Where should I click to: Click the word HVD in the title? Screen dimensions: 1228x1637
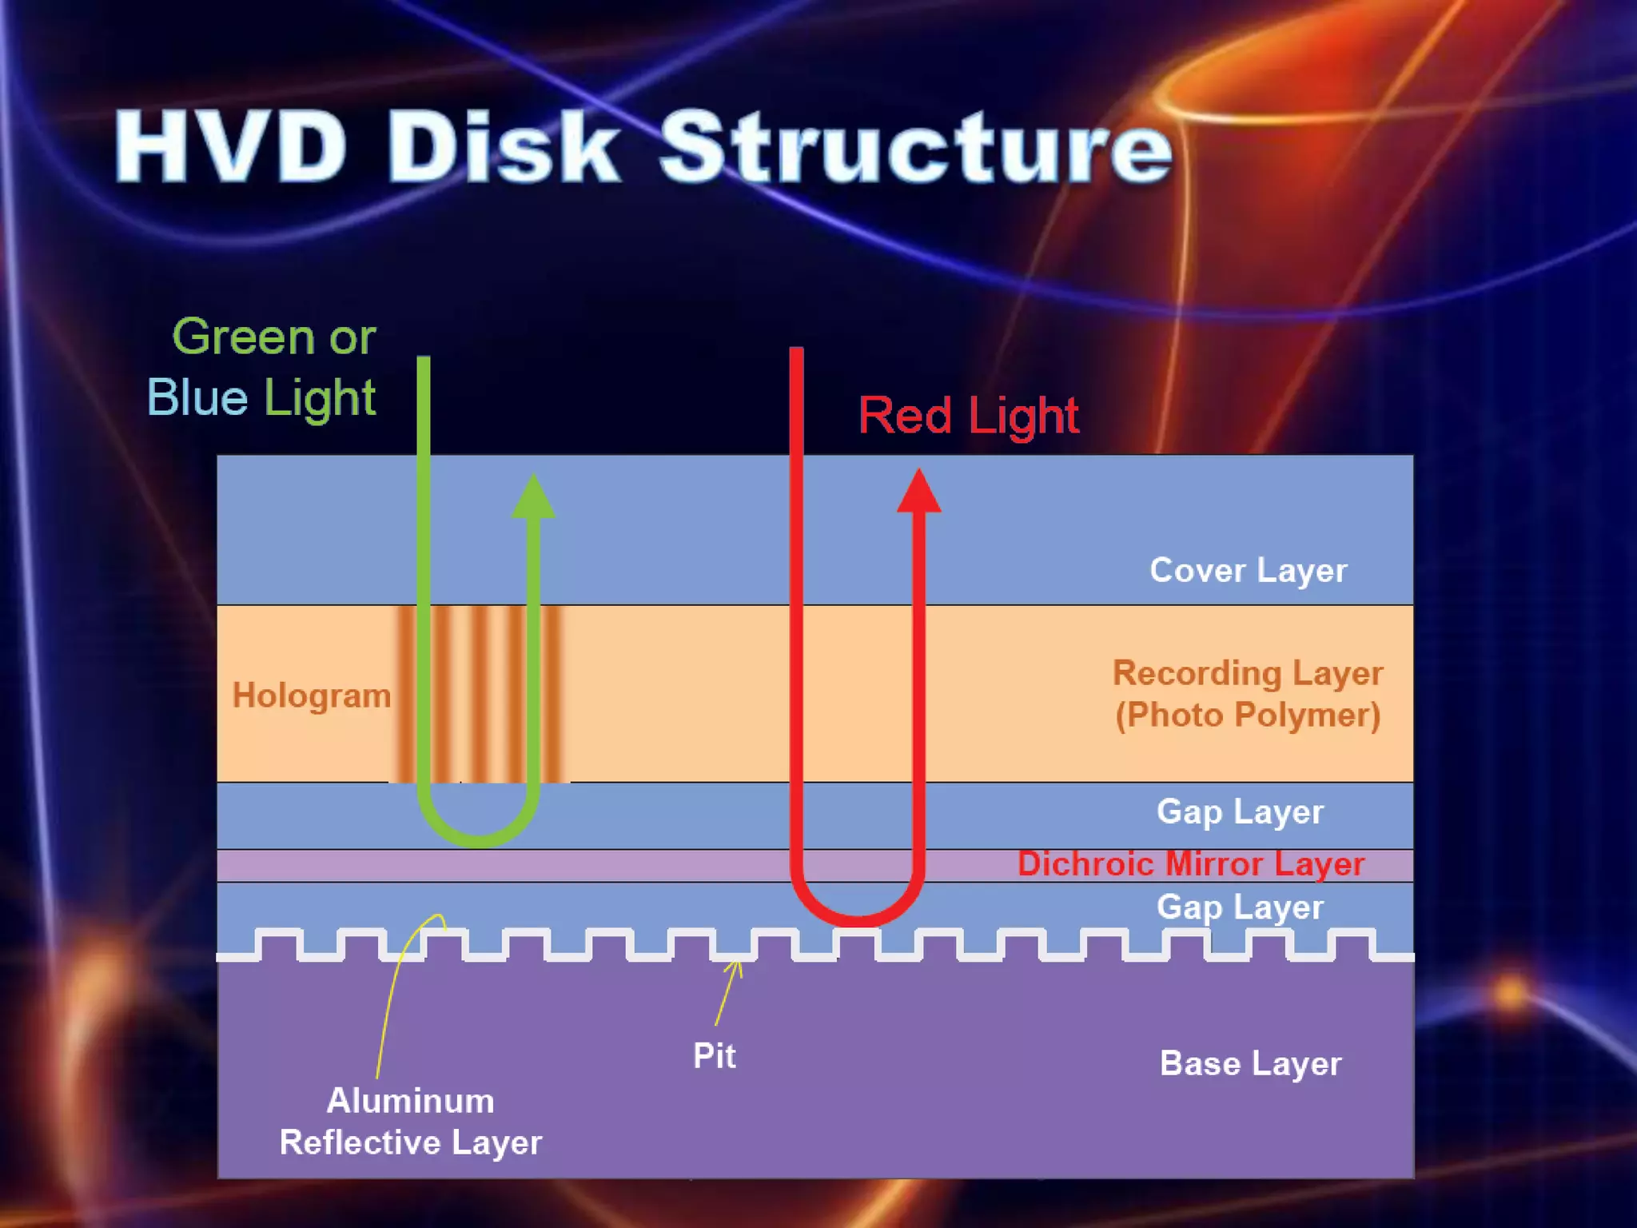[232, 148]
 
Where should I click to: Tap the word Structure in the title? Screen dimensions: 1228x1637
[915, 148]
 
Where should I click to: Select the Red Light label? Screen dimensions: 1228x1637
[968, 416]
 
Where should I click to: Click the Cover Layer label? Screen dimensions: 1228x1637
[1248, 571]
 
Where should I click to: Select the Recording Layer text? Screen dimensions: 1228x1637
[1247, 673]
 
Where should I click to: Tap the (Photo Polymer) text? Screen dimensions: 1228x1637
[1247, 715]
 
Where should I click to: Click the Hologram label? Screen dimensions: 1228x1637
[311, 696]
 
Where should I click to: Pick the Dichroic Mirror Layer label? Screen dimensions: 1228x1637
[1190, 864]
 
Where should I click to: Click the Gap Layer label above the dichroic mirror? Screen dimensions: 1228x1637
[1240, 812]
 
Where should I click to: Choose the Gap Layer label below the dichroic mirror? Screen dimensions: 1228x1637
[1240, 907]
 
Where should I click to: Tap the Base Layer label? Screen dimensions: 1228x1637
[1250, 1064]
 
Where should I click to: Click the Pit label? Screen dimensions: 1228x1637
[714, 1056]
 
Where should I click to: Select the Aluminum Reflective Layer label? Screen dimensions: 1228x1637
[410, 1122]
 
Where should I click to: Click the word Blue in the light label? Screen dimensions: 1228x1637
[197, 397]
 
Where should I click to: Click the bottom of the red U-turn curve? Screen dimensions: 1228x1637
[858, 919]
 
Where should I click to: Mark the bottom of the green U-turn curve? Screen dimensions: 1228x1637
[478, 839]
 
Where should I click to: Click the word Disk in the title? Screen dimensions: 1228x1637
[504, 148]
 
